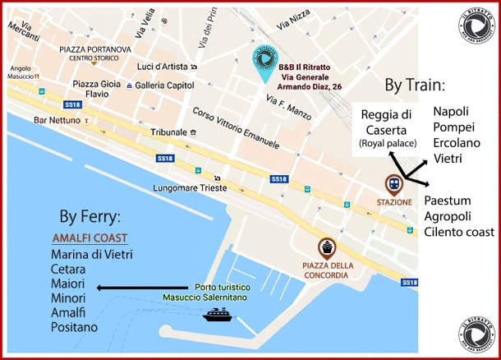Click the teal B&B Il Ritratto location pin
click(264, 63)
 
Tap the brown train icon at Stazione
click(395, 184)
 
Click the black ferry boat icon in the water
click(218, 314)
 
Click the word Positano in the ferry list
click(74, 327)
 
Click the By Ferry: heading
click(90, 218)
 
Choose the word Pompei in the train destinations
click(453, 127)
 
